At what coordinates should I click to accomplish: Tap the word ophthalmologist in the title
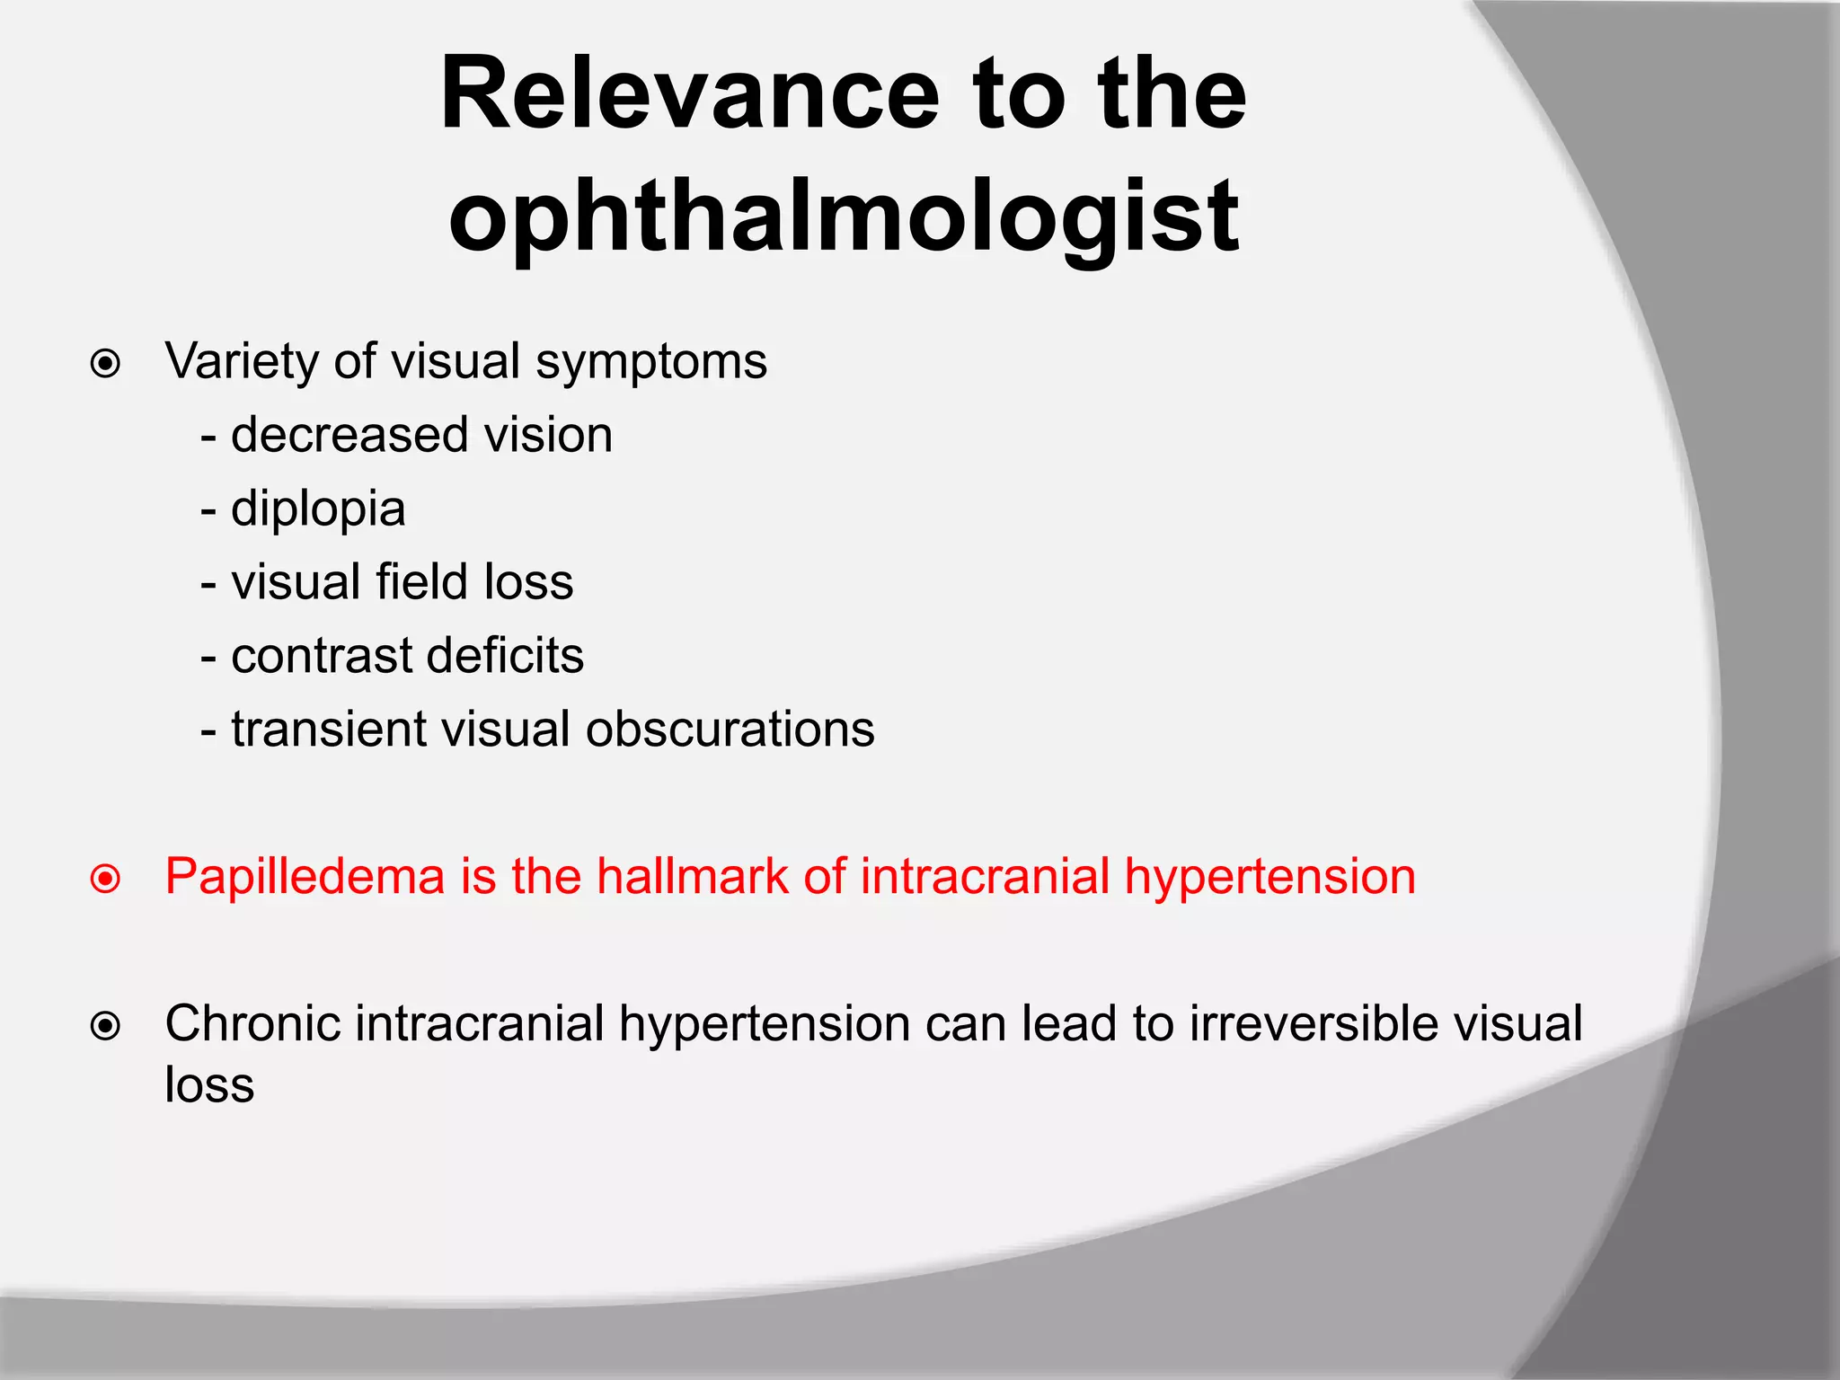[844, 216]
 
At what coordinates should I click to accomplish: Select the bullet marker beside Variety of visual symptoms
[106, 364]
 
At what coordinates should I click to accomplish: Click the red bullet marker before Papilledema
[106, 879]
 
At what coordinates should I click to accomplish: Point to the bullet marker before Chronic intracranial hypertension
[106, 1025]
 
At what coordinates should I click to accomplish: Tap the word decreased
[349, 435]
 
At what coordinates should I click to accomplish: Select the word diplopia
[318, 510]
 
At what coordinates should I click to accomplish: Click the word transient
[329, 729]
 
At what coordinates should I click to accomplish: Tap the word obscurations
[730, 729]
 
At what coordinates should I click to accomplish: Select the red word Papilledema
[305, 877]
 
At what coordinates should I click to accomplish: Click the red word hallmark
[692, 876]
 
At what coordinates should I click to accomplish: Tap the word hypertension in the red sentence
[1269, 878]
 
